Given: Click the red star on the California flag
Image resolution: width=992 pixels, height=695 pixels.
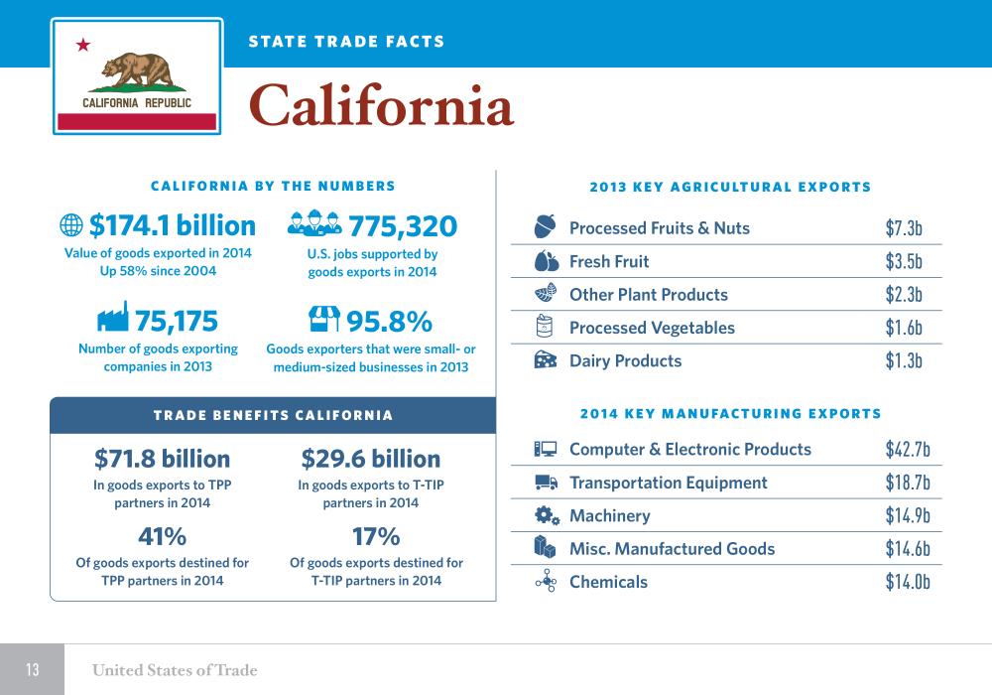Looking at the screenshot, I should tap(83, 45).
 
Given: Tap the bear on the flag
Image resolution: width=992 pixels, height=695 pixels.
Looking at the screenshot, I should tap(137, 69).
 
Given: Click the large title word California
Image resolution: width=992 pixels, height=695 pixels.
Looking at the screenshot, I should tap(381, 106).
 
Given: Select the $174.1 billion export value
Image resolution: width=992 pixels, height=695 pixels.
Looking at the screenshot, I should tap(173, 226).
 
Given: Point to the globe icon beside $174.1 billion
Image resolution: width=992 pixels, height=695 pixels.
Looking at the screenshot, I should tap(71, 226).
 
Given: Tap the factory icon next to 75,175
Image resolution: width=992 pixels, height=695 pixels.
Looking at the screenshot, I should tap(113, 318).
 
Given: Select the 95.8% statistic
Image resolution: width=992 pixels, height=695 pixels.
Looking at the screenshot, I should tap(389, 321).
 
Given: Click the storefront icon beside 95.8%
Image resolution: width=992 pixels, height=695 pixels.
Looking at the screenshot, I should tap(324, 319).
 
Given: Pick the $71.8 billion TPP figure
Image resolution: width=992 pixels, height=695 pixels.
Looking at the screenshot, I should tap(162, 459).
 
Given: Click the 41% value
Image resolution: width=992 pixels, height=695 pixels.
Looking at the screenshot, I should tap(162, 537).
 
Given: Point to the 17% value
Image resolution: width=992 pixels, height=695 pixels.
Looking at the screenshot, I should tap(376, 537).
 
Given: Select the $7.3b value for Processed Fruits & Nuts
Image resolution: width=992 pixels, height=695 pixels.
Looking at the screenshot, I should tap(904, 228).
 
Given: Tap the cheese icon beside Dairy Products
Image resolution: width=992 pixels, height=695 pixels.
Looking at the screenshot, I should tap(546, 360).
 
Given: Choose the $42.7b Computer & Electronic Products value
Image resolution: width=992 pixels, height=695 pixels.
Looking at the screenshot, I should tap(907, 450).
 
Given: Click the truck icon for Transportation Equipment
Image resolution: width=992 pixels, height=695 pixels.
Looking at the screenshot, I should tap(546, 483).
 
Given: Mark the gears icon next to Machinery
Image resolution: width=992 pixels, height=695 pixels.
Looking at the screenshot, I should tap(546, 515).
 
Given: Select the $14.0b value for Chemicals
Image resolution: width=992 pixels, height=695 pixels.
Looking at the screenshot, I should tap(907, 582).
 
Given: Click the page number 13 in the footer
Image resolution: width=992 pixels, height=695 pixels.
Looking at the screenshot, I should tap(32, 670).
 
